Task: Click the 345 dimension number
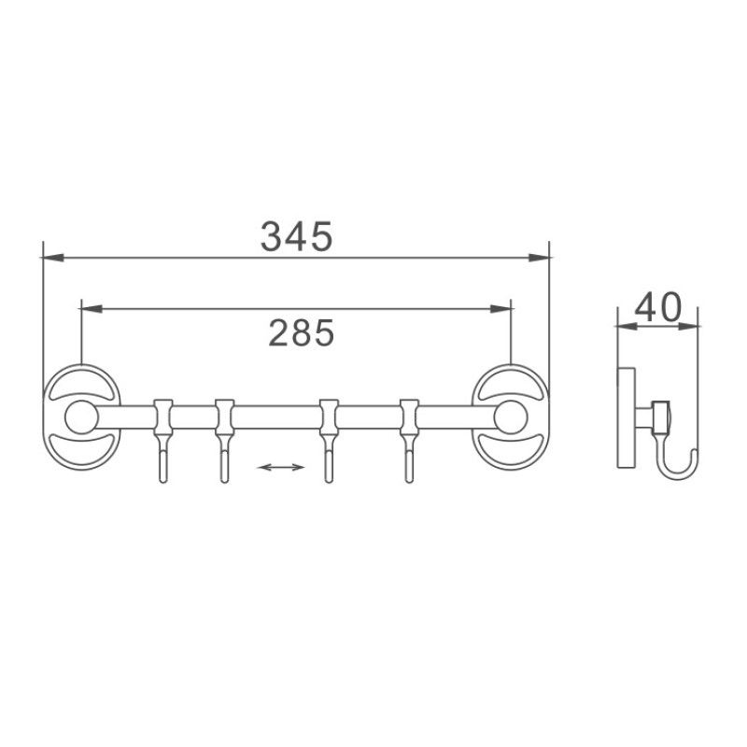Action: (x=296, y=236)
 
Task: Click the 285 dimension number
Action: (x=302, y=331)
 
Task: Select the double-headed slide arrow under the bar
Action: (x=281, y=466)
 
